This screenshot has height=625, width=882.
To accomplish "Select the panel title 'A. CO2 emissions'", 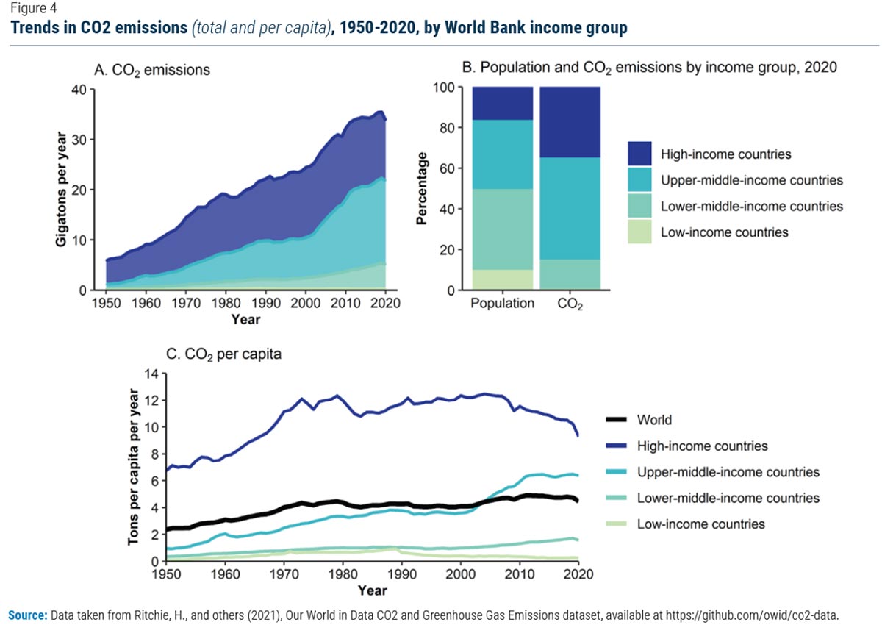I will [x=152, y=71].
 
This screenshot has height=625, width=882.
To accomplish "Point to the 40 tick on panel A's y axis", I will [x=78, y=90].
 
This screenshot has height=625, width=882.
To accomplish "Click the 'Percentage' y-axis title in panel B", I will [x=423, y=189].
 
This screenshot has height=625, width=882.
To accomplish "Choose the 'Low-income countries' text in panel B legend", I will [x=725, y=232].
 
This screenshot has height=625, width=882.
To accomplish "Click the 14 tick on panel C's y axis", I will [x=143, y=374].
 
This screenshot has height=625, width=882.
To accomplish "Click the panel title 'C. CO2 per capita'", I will [x=223, y=354].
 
